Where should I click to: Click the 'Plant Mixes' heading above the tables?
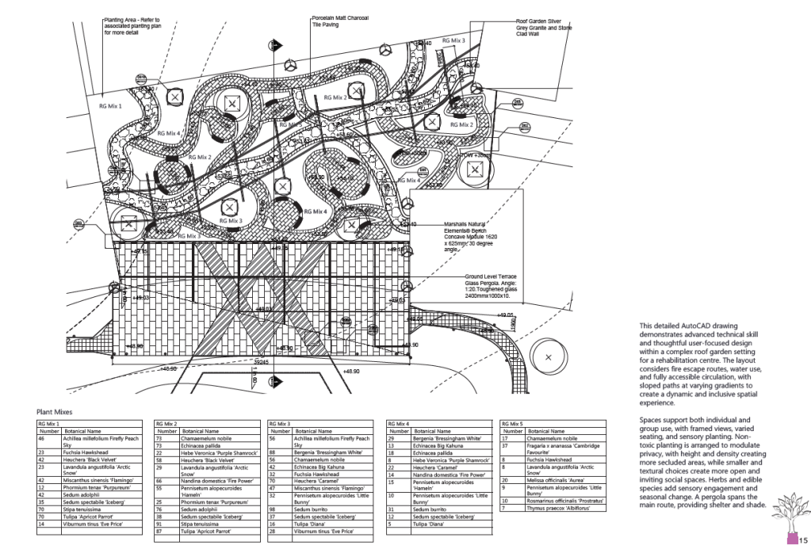click(x=53, y=412)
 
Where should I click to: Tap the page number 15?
click(x=802, y=540)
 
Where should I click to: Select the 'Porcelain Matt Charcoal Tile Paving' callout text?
click(x=340, y=21)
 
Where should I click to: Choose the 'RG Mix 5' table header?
click(x=514, y=425)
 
